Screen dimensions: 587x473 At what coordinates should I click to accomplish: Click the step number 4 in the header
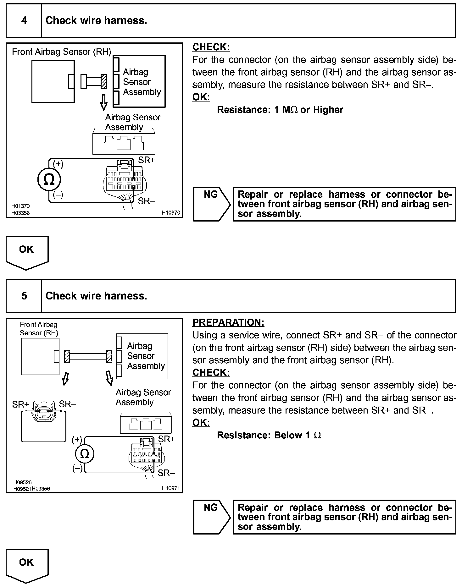[24, 21]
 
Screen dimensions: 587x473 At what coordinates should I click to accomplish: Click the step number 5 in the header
[24, 296]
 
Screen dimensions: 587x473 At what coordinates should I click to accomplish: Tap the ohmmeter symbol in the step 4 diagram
[49, 180]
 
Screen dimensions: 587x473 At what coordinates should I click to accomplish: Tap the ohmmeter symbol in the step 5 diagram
[85, 454]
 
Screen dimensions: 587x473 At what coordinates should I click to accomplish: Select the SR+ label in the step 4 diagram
[147, 160]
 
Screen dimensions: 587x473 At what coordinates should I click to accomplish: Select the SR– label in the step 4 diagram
[147, 201]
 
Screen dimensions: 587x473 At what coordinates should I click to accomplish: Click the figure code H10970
[171, 213]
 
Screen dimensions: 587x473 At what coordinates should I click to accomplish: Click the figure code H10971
[171, 488]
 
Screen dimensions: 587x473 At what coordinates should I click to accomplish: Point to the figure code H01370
[21, 206]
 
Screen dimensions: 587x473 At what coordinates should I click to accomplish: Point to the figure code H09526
[22, 482]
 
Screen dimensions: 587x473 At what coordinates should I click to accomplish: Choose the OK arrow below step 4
[27, 252]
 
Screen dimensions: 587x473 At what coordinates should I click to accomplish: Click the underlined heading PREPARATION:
[228, 323]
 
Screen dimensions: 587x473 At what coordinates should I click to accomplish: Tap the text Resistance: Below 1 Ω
[269, 435]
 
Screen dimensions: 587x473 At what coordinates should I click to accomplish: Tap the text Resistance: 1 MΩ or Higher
[280, 110]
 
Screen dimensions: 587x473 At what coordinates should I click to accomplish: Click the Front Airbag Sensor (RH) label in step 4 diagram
[62, 52]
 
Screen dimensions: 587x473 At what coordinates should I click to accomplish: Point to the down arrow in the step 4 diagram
[103, 101]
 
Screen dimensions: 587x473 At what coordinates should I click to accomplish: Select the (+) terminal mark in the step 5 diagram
[77, 439]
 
